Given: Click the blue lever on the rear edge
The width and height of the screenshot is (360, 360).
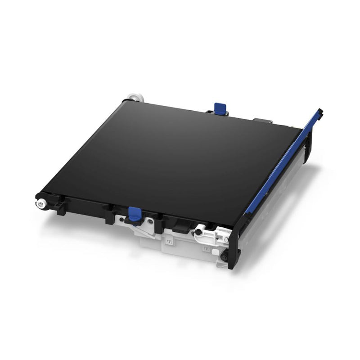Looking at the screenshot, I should [x=220, y=108].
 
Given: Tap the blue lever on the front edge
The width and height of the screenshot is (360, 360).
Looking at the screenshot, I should [x=134, y=214].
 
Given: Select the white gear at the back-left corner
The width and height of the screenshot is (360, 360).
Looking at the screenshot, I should [x=132, y=97].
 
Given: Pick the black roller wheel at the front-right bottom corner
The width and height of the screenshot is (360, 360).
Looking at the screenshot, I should [x=224, y=257].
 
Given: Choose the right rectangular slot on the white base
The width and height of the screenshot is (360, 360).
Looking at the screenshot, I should [x=207, y=249].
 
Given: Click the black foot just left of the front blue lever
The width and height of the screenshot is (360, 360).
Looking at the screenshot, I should [x=109, y=215].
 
